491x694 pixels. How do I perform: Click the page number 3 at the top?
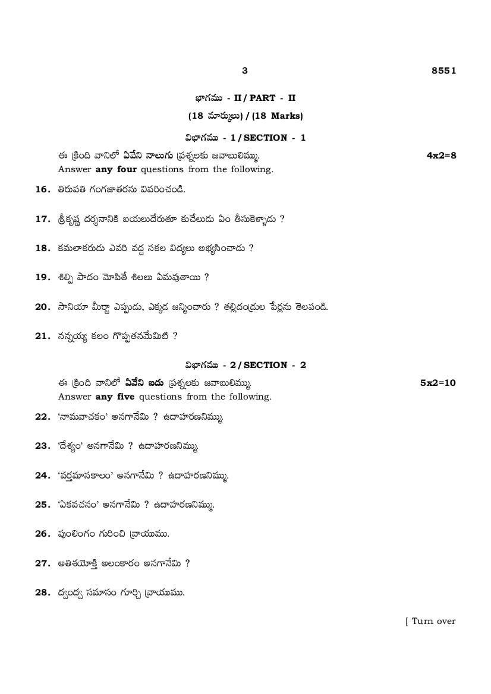click(x=245, y=71)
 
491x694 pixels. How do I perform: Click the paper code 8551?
click(x=443, y=71)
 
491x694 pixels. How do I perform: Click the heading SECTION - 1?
click(x=275, y=138)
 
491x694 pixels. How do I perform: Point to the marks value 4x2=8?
click(x=441, y=156)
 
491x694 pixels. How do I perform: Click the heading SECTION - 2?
click(x=275, y=365)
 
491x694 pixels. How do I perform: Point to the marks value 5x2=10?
click(x=438, y=383)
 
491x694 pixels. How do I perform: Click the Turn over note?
click(x=432, y=621)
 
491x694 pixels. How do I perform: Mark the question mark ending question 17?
click(x=282, y=219)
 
